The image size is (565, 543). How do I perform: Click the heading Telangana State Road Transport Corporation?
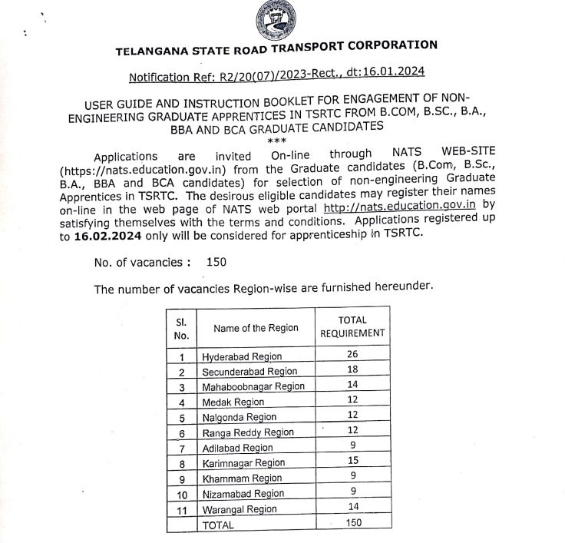276,48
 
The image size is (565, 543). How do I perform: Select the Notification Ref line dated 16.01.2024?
276,74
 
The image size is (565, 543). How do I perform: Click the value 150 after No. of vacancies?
216,262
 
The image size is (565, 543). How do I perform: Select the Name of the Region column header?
256,328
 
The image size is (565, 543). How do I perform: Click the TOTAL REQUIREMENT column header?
352,326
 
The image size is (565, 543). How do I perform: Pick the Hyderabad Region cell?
242,356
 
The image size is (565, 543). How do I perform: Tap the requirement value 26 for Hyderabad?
352,355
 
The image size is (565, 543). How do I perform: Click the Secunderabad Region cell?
249,372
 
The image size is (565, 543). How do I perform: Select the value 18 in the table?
352,370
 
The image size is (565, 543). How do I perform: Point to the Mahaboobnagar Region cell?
253,386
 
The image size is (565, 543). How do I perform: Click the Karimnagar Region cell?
243,463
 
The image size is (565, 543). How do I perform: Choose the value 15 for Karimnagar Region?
352,462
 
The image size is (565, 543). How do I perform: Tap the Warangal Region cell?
240,509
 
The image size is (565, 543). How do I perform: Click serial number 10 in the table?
182,494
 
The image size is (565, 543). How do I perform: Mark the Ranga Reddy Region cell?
248,432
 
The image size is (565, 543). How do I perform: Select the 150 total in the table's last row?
352,523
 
